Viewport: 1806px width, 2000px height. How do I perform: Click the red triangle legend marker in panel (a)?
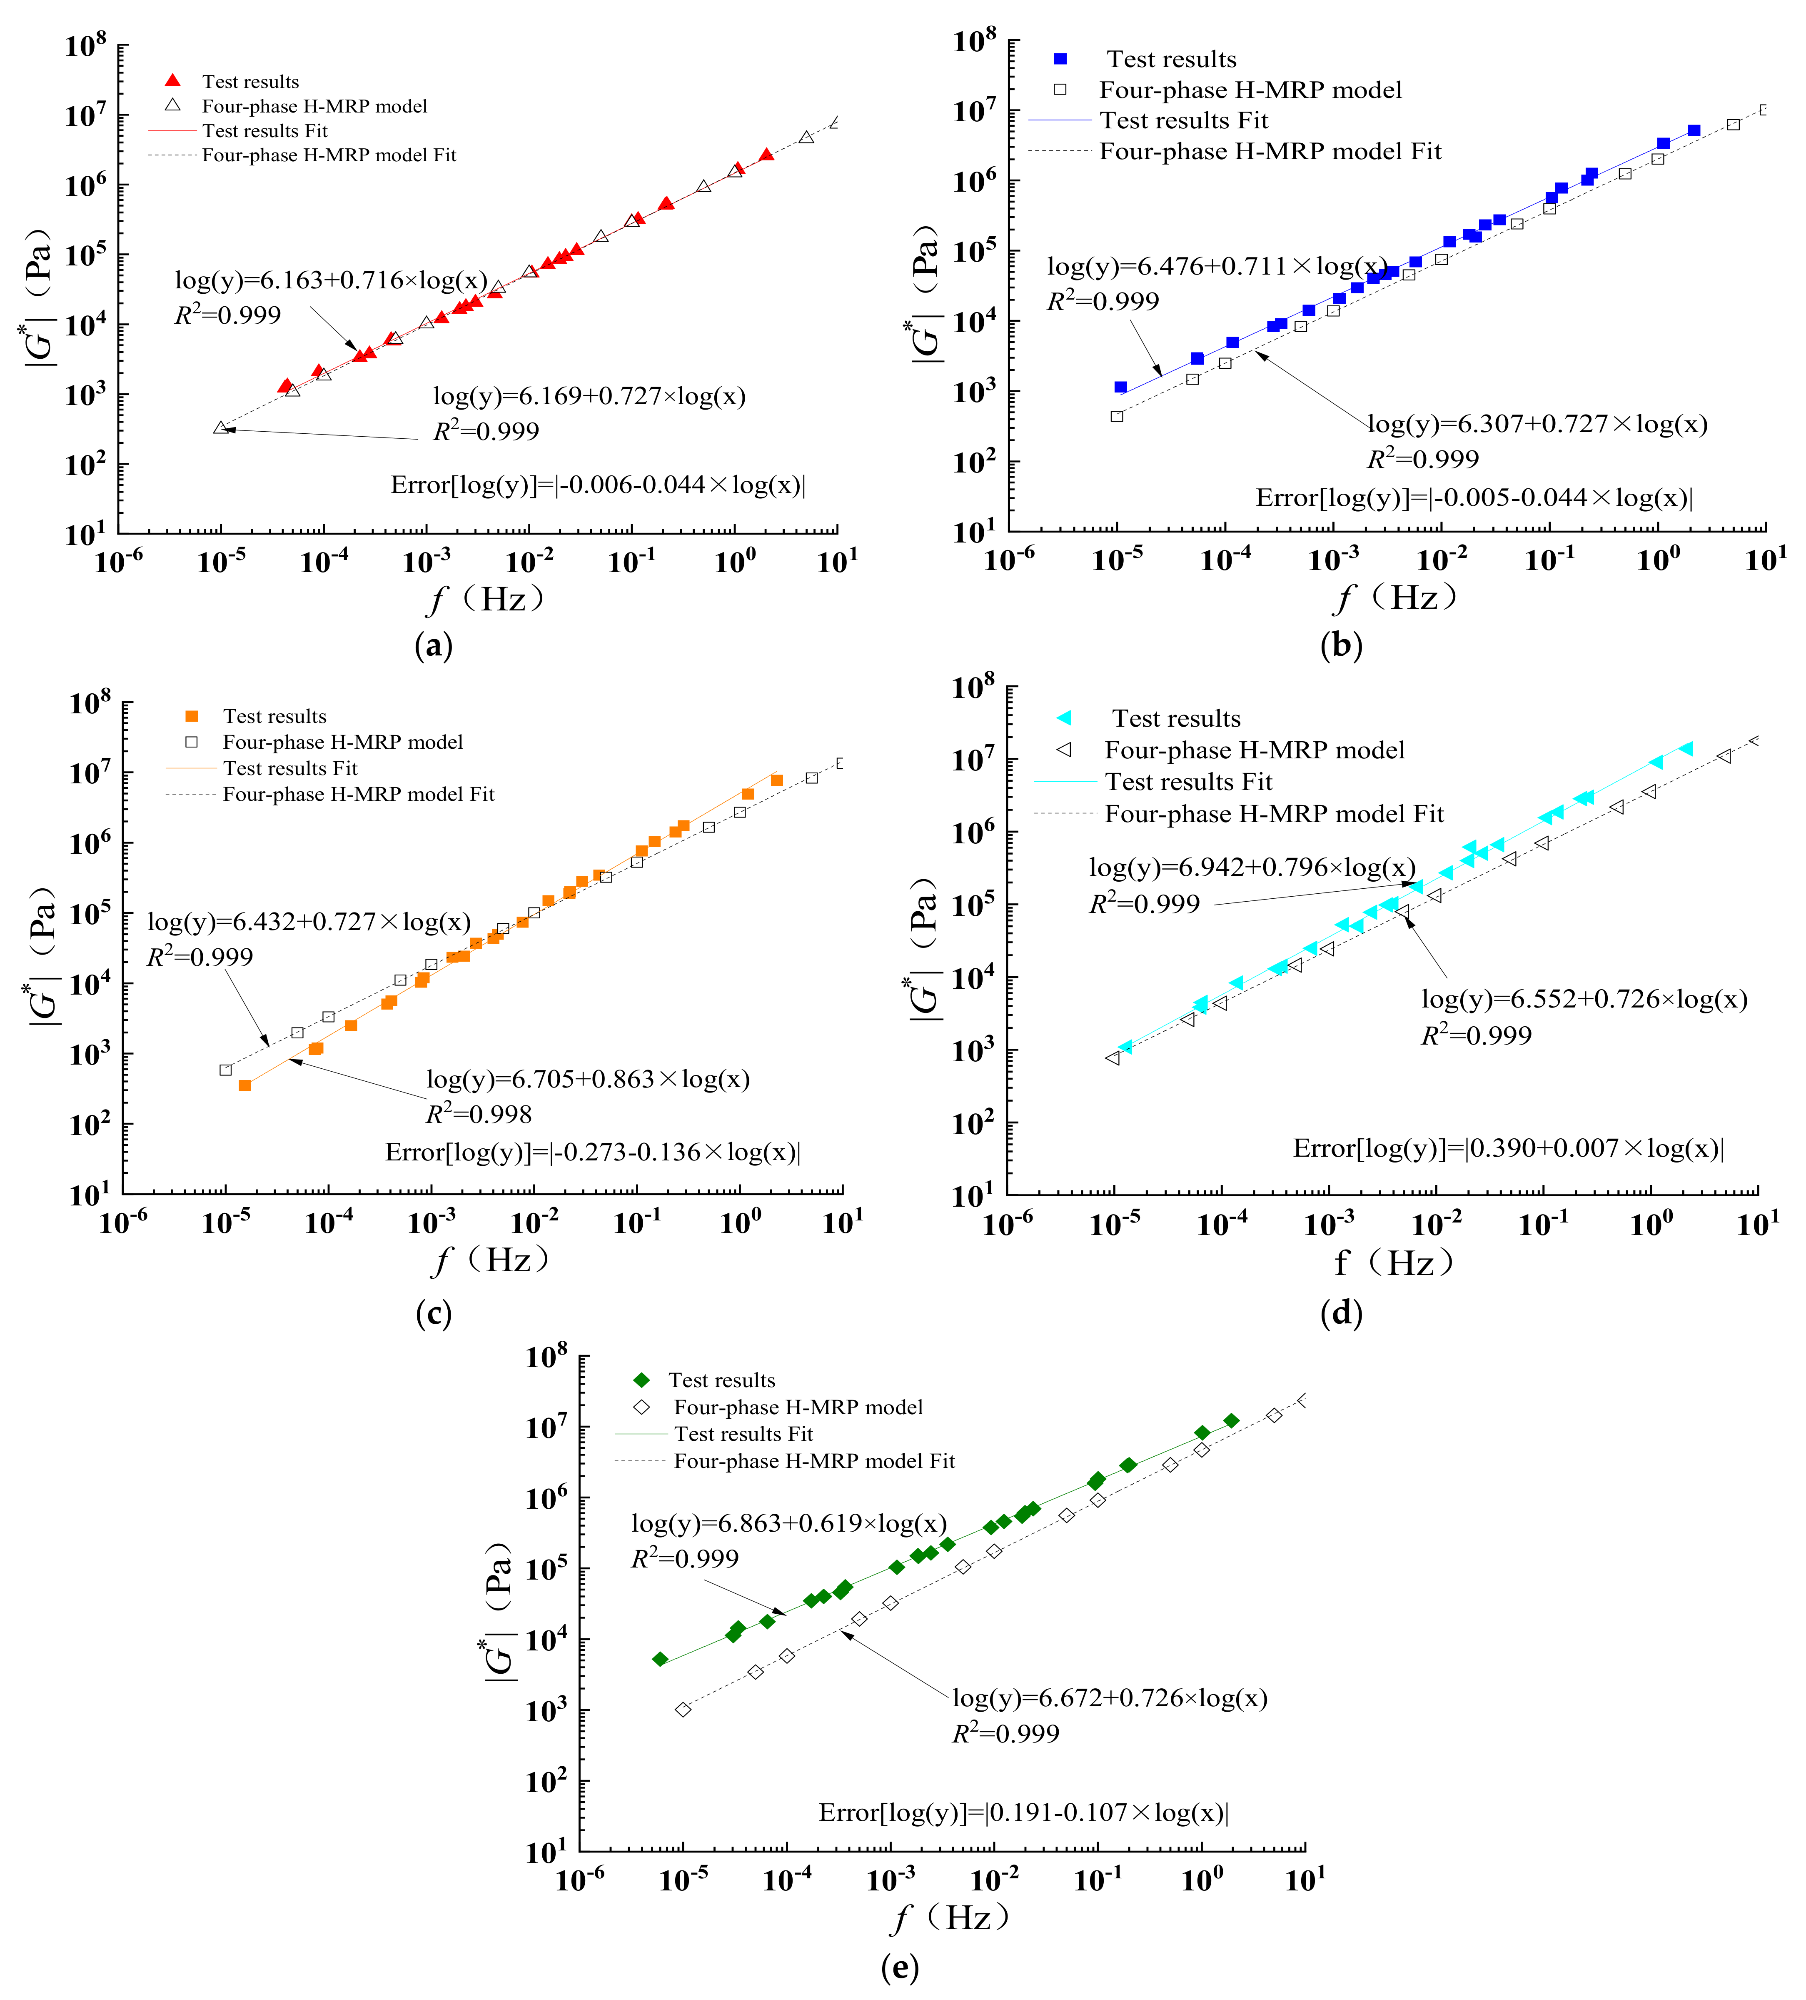172,80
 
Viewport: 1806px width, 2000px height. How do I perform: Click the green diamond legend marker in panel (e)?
642,1380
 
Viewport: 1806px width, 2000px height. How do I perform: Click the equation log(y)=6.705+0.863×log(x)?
588,1079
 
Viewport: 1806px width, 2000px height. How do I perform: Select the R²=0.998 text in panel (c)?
479,1114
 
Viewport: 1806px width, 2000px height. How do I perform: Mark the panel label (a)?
434,646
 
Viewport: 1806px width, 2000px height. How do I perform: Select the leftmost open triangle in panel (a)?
220,427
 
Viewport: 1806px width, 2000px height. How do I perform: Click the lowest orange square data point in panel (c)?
245,1085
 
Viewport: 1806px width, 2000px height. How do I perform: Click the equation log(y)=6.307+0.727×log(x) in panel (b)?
1537,425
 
